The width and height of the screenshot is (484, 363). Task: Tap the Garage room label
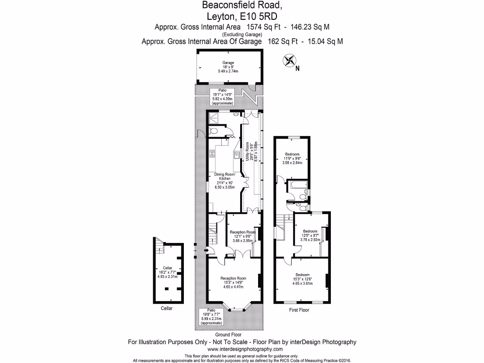[x=228, y=67]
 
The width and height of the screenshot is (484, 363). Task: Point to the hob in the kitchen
[x=213, y=154]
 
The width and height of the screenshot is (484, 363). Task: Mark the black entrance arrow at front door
[x=205, y=251]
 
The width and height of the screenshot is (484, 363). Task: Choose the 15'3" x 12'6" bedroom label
[x=302, y=279]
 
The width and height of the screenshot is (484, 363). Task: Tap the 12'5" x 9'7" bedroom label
[x=310, y=235]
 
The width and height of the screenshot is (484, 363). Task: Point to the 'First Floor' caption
[x=299, y=310]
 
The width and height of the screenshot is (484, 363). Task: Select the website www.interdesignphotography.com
[x=242, y=349]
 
